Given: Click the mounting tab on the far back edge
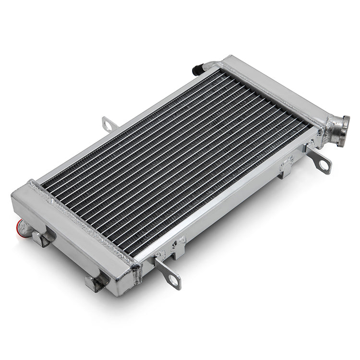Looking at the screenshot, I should point(109,124).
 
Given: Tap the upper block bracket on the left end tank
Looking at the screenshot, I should point(47,237).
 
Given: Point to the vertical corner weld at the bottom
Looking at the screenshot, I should point(137,274).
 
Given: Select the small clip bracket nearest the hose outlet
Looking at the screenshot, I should point(287,166).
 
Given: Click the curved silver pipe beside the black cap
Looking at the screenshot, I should point(209,65).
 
